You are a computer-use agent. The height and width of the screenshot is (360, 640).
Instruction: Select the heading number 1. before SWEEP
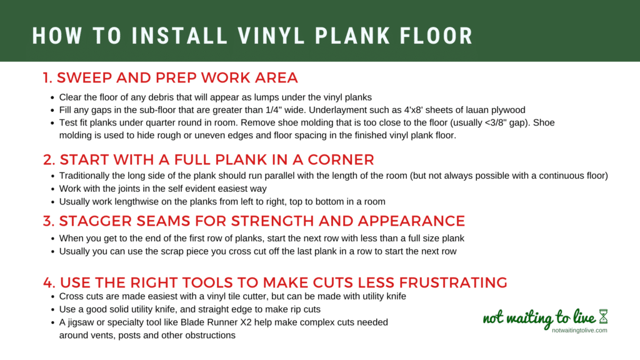(x=47, y=77)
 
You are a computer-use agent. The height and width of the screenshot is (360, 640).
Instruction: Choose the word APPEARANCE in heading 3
(x=411, y=221)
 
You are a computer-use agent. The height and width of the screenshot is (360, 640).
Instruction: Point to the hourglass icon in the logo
(x=603, y=316)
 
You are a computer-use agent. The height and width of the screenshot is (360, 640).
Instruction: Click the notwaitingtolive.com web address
(x=579, y=330)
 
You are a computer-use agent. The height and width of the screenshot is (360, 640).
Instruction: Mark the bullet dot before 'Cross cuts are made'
(x=52, y=297)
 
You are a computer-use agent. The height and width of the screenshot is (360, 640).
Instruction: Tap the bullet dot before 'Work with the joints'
(x=52, y=189)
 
